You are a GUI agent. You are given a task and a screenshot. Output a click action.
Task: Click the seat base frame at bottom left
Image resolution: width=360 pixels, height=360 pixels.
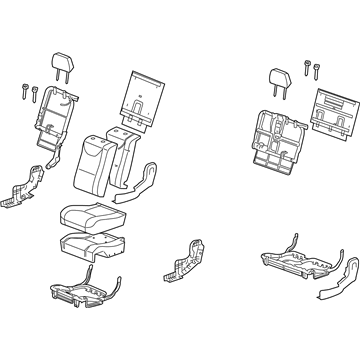pos(95,291)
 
